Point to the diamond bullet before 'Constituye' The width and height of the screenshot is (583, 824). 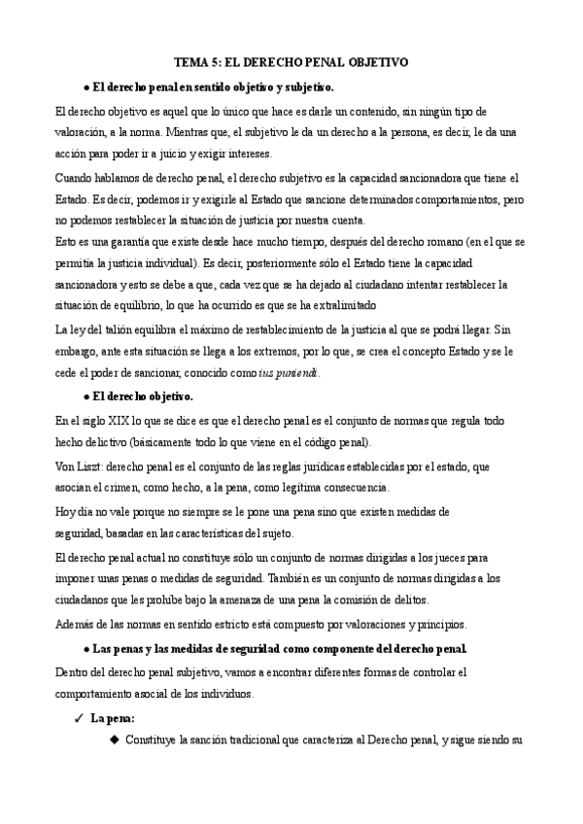click(114, 740)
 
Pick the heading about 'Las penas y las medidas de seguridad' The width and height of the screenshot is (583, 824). click(277, 648)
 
